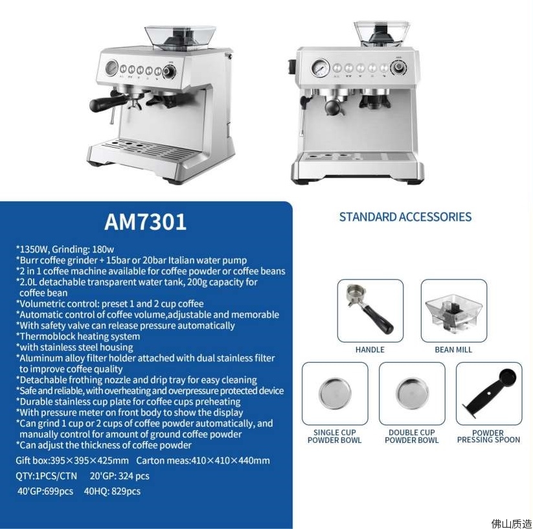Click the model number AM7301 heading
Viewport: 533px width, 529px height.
pyautogui.click(x=145, y=222)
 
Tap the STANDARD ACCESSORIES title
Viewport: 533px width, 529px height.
pyautogui.click(x=405, y=217)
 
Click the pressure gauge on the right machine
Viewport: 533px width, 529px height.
pyautogui.click(x=320, y=68)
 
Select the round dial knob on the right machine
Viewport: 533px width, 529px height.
pyautogui.click(x=398, y=67)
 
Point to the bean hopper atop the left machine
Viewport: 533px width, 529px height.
pyautogui.click(x=180, y=38)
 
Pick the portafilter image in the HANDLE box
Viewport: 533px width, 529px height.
pyautogui.click(x=370, y=309)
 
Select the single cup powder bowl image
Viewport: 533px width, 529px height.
pyautogui.click(x=335, y=393)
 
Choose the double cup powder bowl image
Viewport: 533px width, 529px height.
pyautogui.click(x=412, y=393)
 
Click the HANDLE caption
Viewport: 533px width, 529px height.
pyautogui.click(x=370, y=350)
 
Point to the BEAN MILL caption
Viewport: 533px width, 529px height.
pyautogui.click(x=453, y=350)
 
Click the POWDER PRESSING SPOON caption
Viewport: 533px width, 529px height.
pyautogui.click(x=488, y=436)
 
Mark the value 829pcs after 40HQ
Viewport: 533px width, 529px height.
pyautogui.click(x=126, y=491)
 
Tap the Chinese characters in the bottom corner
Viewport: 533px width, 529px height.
pyautogui.click(x=511, y=523)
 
